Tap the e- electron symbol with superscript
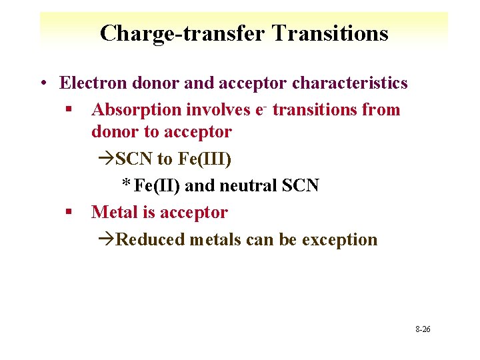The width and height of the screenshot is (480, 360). [x=260, y=109]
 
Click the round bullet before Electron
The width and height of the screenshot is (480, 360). [x=42, y=83]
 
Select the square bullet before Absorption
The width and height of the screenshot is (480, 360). [x=69, y=110]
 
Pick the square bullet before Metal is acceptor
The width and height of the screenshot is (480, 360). [x=69, y=213]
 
